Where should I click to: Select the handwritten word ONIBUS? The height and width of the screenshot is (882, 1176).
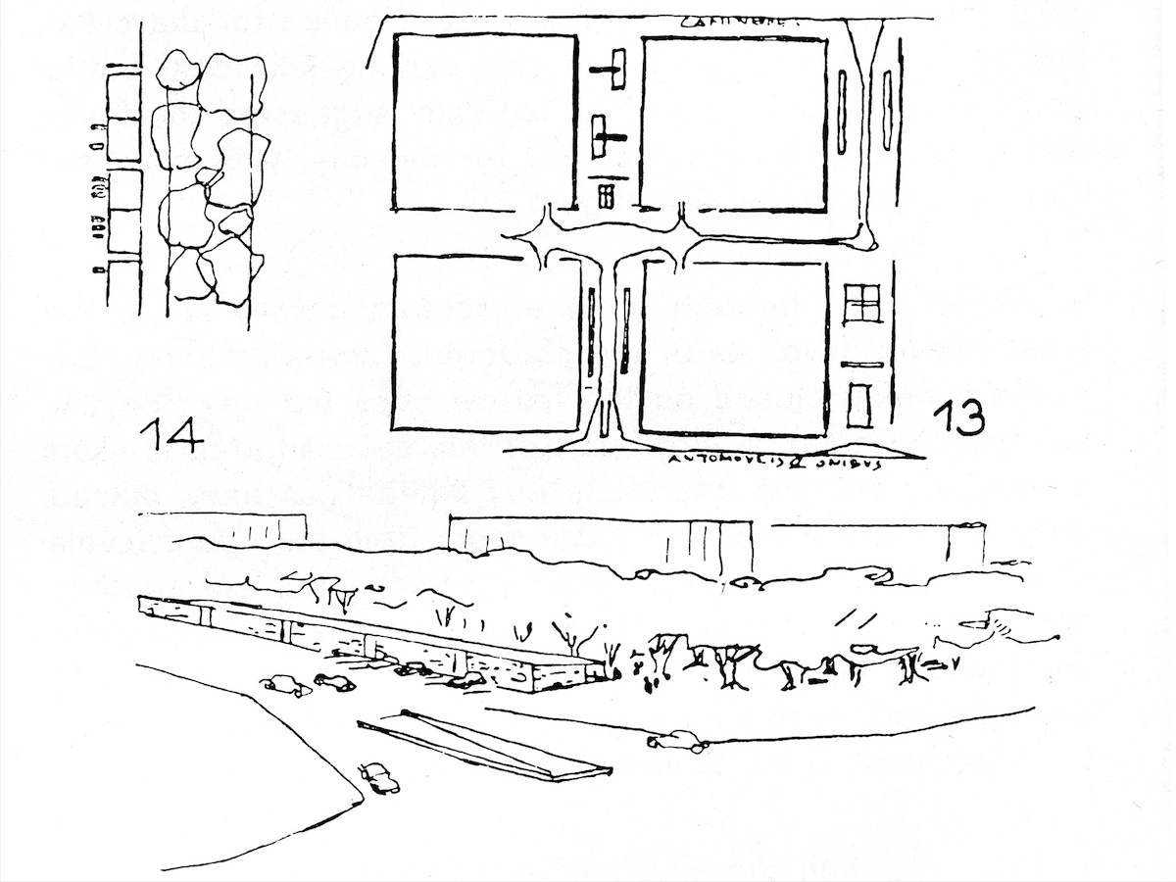[849, 463]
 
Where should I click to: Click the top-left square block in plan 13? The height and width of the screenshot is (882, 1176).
[484, 122]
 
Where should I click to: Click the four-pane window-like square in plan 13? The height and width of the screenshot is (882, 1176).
[862, 303]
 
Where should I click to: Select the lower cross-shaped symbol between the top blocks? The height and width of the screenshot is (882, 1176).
[605, 138]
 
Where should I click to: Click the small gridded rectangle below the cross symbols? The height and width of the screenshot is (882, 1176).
[606, 196]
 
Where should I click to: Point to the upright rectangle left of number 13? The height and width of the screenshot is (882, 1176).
[859, 406]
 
